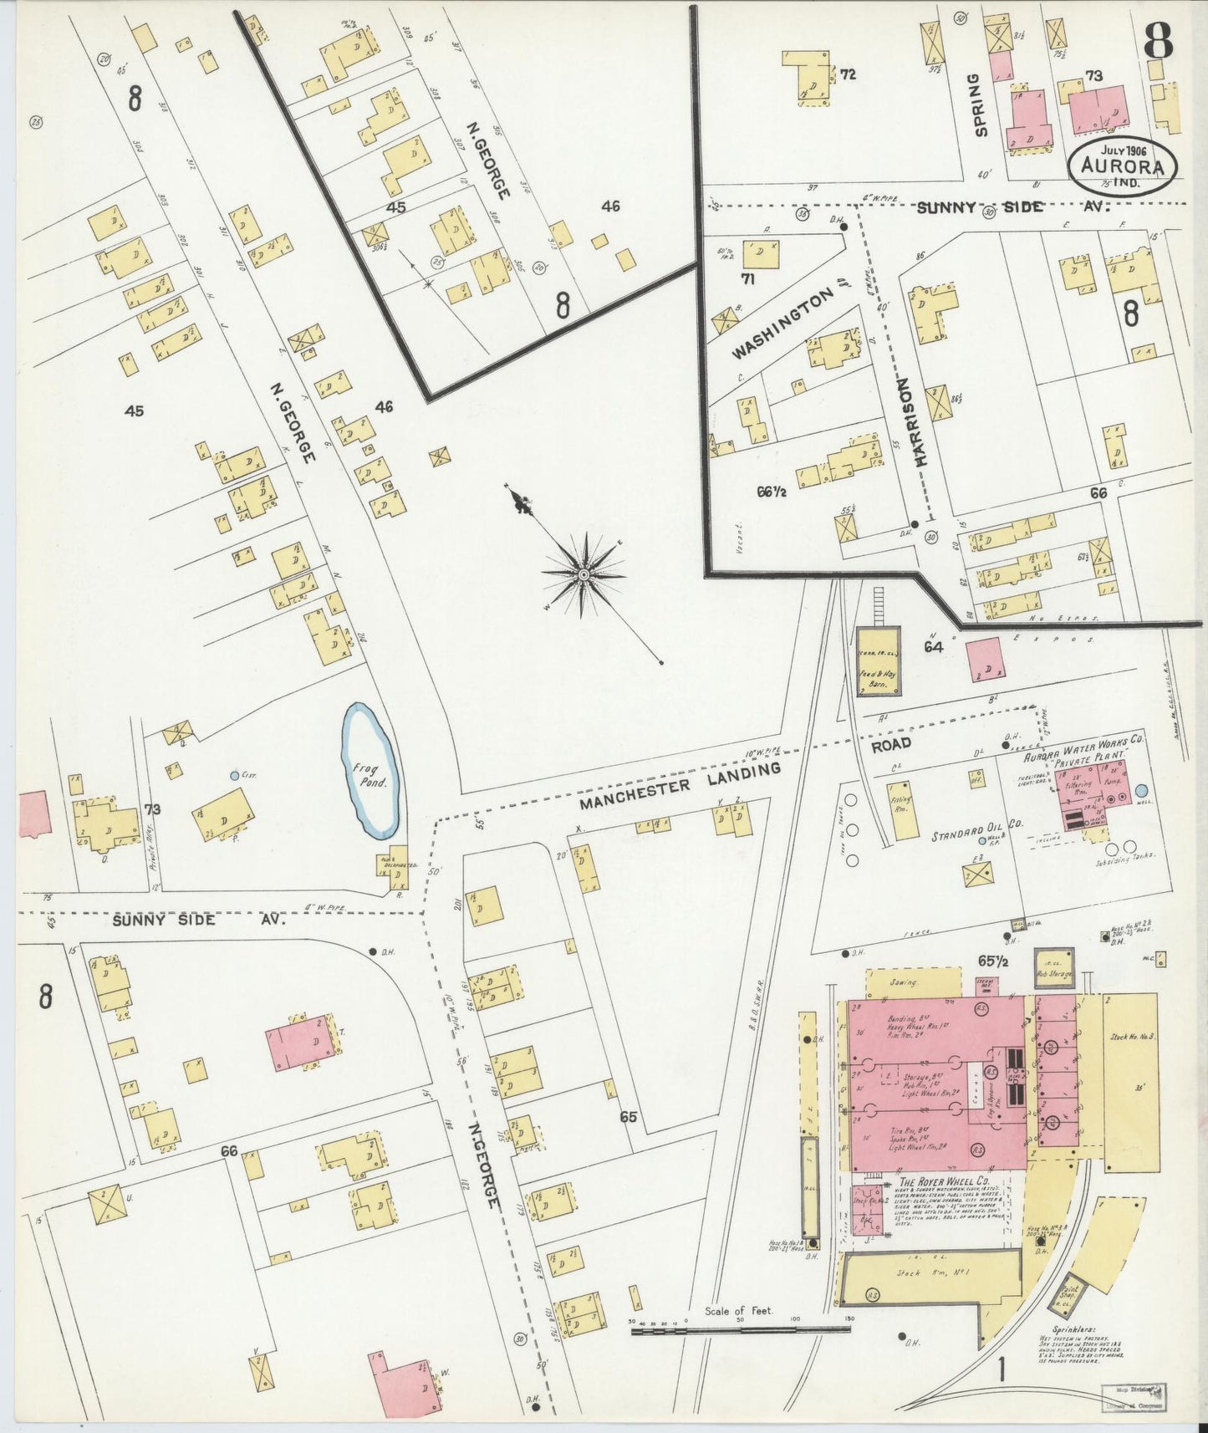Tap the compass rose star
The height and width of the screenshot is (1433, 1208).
point(584,575)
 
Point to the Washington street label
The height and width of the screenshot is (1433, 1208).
point(783,324)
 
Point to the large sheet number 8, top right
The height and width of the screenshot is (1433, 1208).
point(1157,39)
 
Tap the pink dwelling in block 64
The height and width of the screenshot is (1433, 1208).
point(984,658)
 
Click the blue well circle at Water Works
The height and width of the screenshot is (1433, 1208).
point(1141,790)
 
